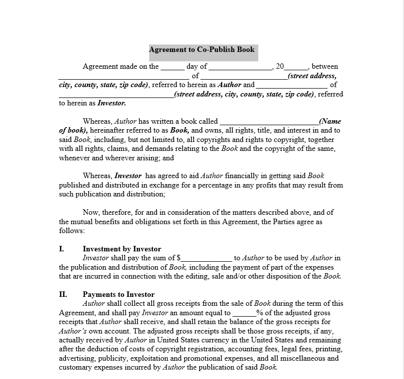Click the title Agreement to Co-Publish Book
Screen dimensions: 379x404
202,49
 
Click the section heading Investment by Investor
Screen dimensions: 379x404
122,249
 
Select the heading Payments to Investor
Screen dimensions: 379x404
118,294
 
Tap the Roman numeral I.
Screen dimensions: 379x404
61,249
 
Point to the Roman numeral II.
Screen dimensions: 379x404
63,294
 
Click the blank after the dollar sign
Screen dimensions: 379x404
207,258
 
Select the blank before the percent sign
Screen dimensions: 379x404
244,313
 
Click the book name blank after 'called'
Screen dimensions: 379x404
269,121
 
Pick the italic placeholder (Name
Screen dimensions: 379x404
330,121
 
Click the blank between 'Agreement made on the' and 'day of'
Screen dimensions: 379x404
173,67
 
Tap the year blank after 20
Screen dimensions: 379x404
296,67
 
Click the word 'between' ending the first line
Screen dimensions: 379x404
325,67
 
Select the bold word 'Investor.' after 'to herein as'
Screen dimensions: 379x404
112,103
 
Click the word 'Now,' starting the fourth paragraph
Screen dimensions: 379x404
91,213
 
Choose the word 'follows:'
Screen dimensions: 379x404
72,231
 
